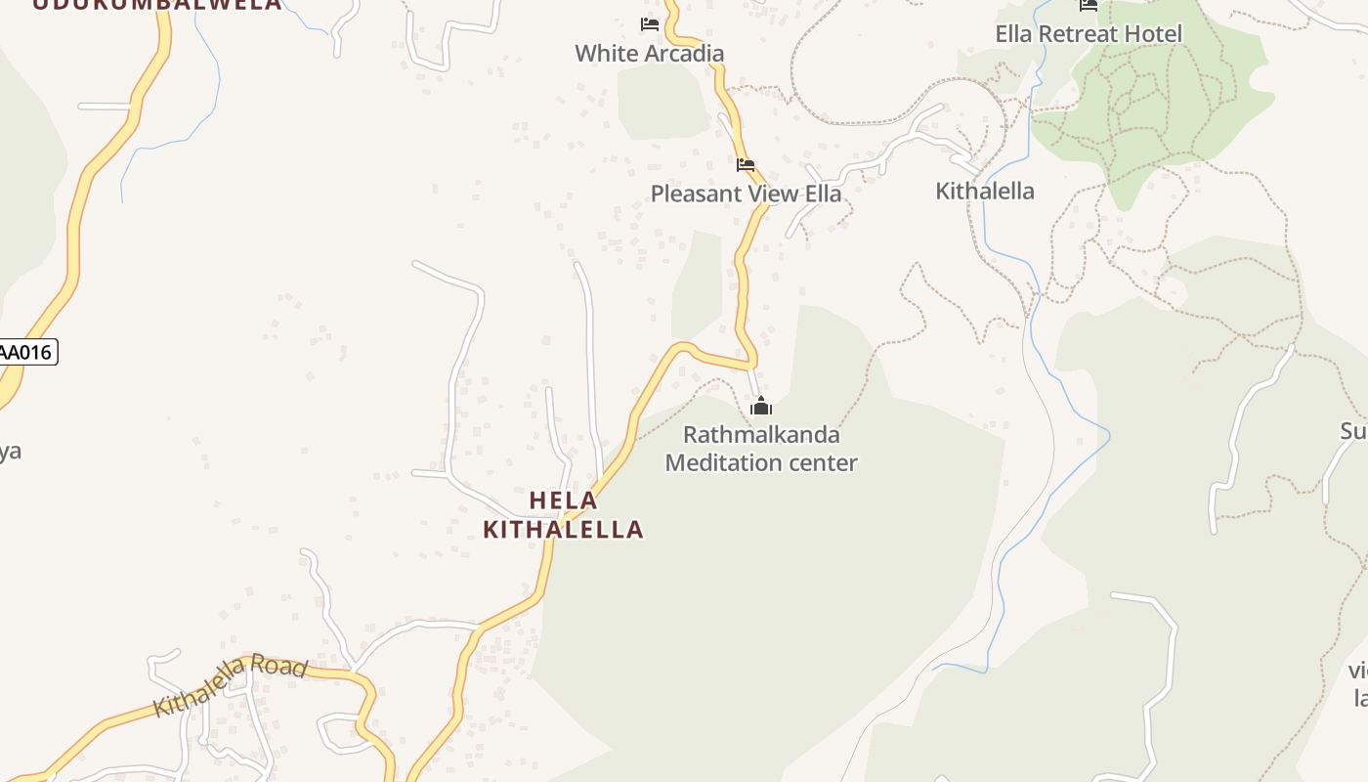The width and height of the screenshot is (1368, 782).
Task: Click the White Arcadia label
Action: click(x=649, y=53)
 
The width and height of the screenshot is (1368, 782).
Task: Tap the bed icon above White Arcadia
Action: click(x=649, y=24)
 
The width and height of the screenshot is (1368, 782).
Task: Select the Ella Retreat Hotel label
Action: click(x=1089, y=34)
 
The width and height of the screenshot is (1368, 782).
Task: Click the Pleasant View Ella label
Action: click(x=746, y=194)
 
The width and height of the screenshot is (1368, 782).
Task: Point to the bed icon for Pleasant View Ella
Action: click(x=746, y=165)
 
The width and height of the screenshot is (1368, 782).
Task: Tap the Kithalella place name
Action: click(x=985, y=191)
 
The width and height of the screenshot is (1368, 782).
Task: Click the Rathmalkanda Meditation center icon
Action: click(x=761, y=407)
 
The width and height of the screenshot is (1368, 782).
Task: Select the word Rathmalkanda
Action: click(x=761, y=434)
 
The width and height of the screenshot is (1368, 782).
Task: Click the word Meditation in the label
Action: click(x=725, y=462)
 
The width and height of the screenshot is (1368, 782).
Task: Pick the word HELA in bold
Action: click(x=563, y=500)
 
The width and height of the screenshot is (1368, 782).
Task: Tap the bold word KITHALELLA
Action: click(x=564, y=530)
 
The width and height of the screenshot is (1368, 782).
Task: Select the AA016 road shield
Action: click(x=26, y=352)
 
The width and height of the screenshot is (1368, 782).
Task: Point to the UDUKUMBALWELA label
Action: click(x=156, y=4)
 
